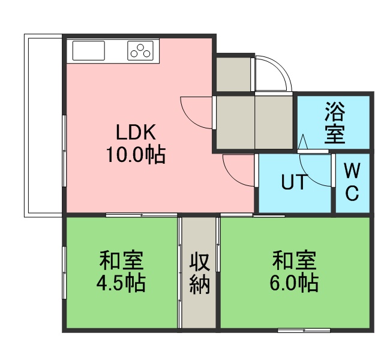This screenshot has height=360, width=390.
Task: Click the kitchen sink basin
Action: pos(88,51)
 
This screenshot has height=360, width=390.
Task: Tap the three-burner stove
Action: pos(140,51)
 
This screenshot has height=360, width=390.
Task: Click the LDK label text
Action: pos(136,132)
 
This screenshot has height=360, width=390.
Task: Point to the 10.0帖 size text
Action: pos(136,155)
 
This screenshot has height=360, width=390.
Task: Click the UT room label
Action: pos(294,182)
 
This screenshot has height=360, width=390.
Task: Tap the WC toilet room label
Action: pos(352,182)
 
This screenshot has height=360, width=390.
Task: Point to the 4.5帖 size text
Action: pos(121,284)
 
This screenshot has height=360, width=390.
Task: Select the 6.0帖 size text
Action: pos(294,283)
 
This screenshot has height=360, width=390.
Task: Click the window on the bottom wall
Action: pos(304,331)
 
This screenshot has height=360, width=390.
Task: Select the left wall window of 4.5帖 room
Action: pos(64,272)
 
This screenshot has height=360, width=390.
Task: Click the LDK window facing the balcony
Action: pos(64,151)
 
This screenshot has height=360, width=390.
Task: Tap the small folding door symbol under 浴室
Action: pos(302,142)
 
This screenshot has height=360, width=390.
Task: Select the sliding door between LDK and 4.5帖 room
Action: pos(141,215)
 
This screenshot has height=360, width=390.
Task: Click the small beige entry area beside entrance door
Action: pos(233,74)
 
